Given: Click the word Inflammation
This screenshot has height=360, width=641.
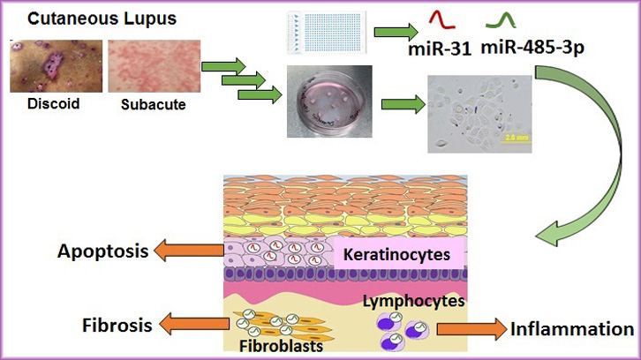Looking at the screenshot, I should [x=572, y=329].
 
